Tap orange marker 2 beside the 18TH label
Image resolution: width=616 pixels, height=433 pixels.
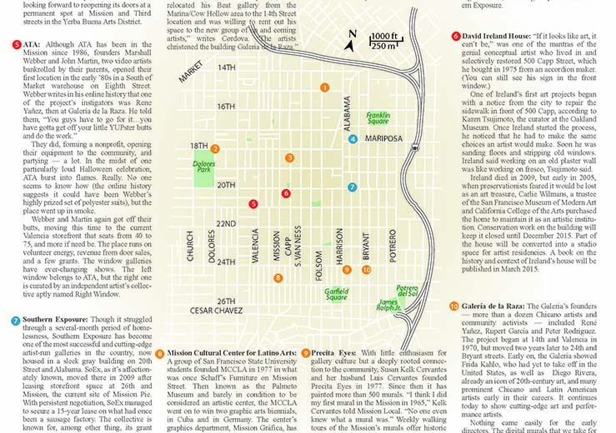(215, 149)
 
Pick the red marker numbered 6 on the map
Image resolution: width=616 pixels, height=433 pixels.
(286, 193)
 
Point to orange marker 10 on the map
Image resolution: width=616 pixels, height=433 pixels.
(368, 269)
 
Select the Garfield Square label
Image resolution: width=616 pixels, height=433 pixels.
(336, 294)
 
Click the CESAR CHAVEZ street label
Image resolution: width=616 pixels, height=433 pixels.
(219, 312)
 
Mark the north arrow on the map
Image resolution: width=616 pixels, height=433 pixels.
(353, 39)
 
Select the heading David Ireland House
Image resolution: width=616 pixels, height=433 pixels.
(498, 36)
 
